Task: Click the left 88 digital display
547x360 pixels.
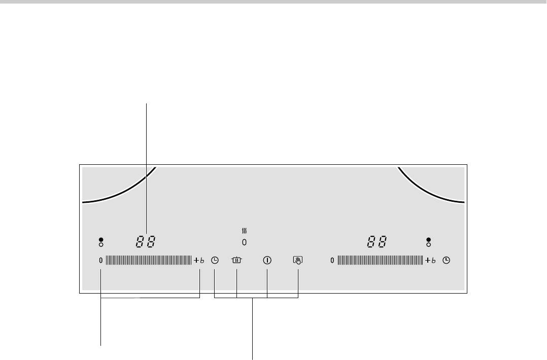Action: (146, 241)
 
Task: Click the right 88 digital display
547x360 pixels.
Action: (377, 241)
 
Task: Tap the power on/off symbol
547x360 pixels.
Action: (267, 260)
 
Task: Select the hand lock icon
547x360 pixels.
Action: (298, 260)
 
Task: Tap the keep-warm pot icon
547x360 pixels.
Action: (236, 260)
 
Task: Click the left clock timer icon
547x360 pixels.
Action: (215, 260)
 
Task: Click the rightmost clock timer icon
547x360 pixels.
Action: (446, 260)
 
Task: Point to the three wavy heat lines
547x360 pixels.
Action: (244, 231)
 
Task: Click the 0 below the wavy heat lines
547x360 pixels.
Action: (244, 242)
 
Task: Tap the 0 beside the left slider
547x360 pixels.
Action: (101, 260)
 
